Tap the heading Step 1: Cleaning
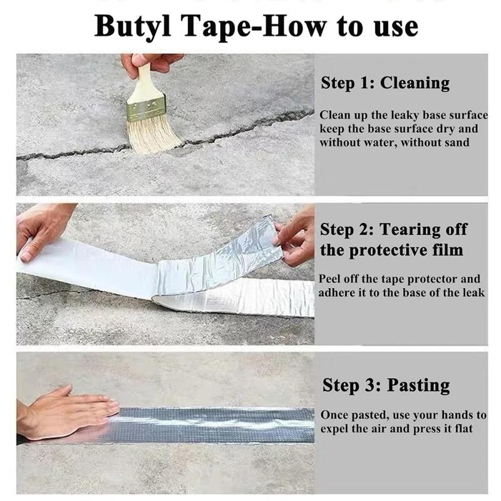coord(385,83)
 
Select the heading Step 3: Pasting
coord(386,385)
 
